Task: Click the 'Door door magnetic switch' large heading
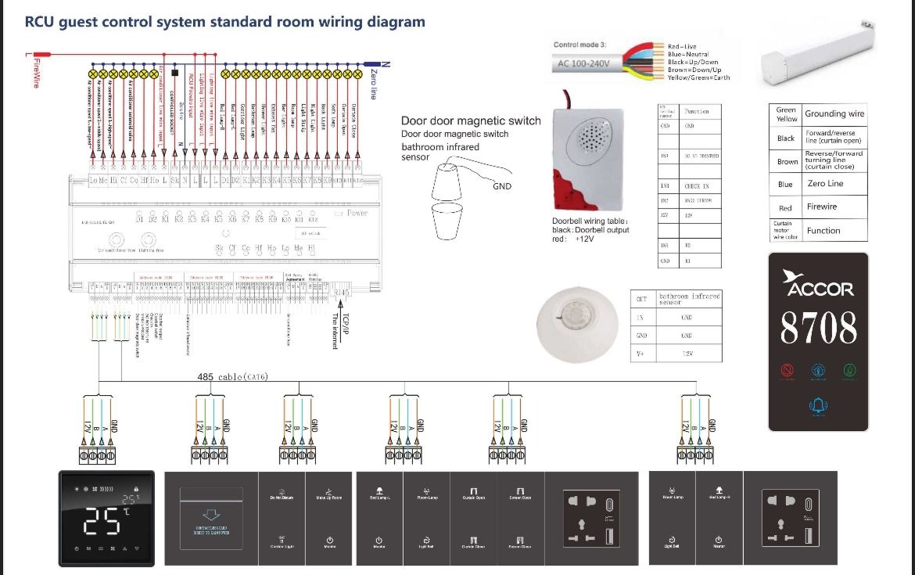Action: [x=471, y=120]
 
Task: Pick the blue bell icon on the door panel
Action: [x=819, y=404]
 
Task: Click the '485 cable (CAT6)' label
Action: [x=232, y=377]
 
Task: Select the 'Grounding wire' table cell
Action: [x=834, y=113]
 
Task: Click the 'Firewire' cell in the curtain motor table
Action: [x=821, y=207]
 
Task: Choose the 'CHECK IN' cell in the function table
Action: [x=696, y=186]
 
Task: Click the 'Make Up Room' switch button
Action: [x=329, y=498]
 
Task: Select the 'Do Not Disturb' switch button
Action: [x=282, y=498]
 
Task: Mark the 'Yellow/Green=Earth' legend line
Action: [x=698, y=77]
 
